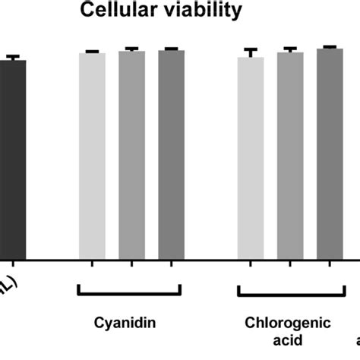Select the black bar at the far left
[x=13, y=159]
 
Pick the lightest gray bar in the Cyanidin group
[x=93, y=156]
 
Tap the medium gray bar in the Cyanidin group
[x=131, y=156]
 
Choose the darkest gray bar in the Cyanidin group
[x=171, y=156]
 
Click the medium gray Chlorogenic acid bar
[x=290, y=156]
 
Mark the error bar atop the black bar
[x=12, y=57]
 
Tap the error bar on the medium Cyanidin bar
[x=131, y=49]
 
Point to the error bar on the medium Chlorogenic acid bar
[x=290, y=49]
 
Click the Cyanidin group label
[x=125, y=322]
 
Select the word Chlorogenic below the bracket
[x=288, y=322]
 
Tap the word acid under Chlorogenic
[x=288, y=336]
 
